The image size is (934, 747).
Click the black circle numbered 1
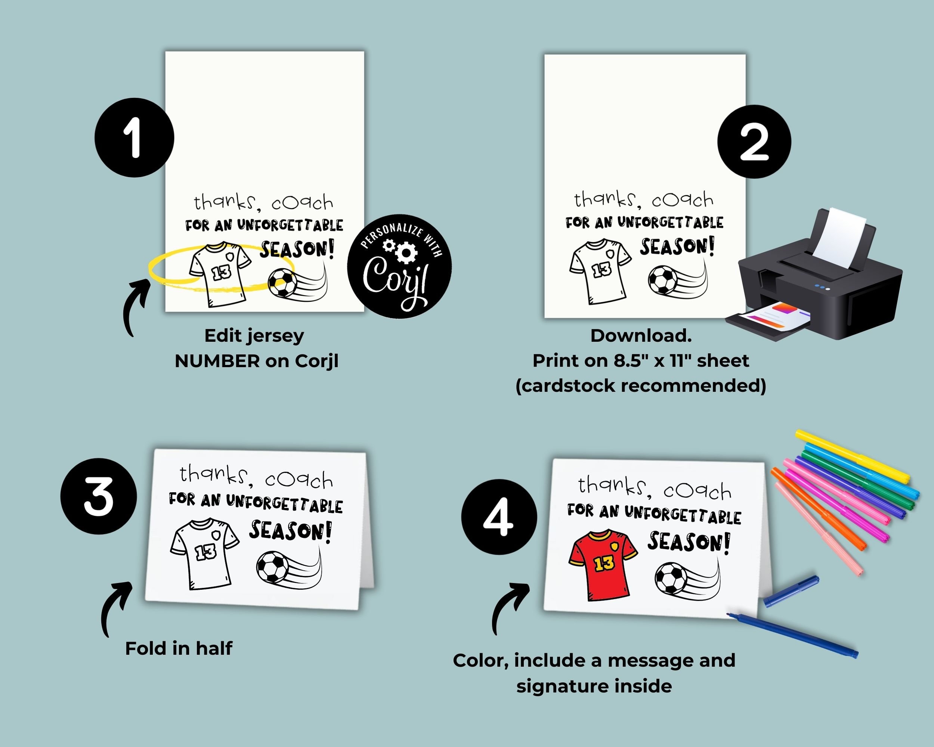click(134, 138)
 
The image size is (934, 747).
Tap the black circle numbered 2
click(754, 142)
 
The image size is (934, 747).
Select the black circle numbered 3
click(99, 496)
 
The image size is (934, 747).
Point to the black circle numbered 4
click(499, 517)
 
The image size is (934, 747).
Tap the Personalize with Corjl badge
click(399, 266)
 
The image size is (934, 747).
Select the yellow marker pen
click(853, 456)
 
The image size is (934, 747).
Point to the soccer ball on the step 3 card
click(272, 567)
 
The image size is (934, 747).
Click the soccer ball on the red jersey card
click(671, 578)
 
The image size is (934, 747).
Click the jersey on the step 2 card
click(600, 272)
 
